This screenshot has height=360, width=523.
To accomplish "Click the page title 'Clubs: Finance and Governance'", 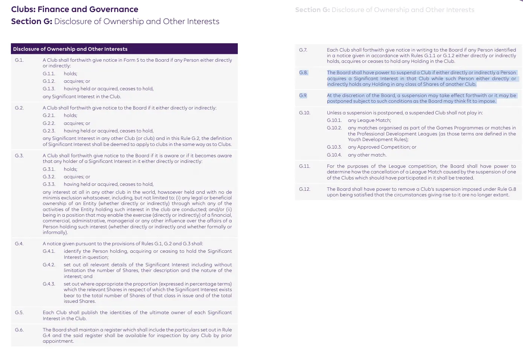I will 74,9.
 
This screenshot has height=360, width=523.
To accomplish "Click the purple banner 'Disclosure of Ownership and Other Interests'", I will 70,49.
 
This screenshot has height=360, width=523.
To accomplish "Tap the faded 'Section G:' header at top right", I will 312,10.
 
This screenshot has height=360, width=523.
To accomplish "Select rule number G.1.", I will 19,60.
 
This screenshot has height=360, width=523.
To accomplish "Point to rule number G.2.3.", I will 49,131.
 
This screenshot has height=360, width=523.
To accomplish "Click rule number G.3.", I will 19,156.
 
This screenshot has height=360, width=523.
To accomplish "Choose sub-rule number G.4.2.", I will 49,265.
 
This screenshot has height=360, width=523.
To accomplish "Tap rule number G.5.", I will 19,313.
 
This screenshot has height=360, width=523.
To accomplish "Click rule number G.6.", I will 19,330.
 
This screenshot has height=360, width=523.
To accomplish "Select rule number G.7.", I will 303,50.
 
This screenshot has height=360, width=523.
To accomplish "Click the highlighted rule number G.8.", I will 303,73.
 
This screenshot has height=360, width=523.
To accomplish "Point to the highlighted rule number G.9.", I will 303,96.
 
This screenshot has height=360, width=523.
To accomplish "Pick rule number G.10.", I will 305,113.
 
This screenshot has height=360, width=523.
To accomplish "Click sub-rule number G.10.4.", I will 334,155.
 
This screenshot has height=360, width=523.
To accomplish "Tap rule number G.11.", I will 305,166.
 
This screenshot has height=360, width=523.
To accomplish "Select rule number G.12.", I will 305,189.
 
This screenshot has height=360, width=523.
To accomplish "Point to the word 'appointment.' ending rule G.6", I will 58,341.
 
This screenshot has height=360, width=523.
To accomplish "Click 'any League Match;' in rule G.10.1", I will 369,120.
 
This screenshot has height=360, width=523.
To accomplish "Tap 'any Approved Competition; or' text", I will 382,147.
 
